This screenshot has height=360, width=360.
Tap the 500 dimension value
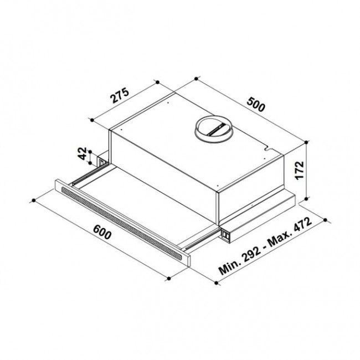pyautogui.click(x=256, y=104)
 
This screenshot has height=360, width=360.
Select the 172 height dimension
pyautogui.click(x=300, y=170)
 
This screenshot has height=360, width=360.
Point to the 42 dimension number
pyautogui.click(x=83, y=153)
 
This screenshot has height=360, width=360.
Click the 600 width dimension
pyautogui.click(x=102, y=232)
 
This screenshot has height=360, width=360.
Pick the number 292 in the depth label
pyautogui.click(x=252, y=253)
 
